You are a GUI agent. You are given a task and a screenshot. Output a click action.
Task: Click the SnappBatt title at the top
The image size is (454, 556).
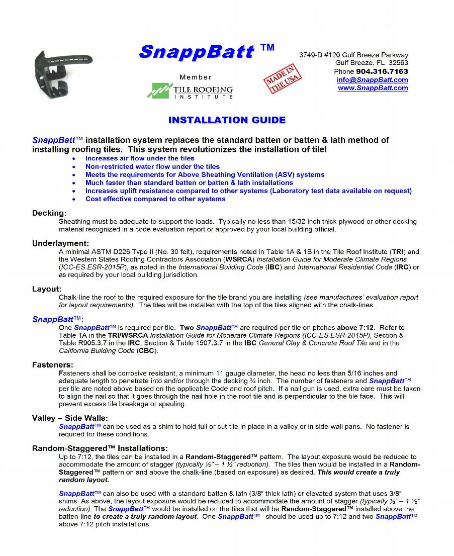[x=196, y=52]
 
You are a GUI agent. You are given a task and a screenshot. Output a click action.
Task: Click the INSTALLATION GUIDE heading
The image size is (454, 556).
[x=227, y=120]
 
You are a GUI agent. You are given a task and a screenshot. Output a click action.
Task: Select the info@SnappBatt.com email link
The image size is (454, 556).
[x=372, y=80]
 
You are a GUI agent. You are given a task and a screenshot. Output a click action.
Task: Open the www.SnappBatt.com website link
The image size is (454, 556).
[x=373, y=88]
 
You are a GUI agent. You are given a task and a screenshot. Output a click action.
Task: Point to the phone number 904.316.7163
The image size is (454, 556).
[x=382, y=71]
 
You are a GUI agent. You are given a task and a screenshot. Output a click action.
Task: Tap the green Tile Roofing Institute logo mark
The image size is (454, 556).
[x=159, y=90]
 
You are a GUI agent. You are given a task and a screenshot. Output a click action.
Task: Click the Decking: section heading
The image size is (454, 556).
[x=49, y=213]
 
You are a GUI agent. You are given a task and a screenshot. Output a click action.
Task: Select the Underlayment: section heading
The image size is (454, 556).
[x=60, y=243]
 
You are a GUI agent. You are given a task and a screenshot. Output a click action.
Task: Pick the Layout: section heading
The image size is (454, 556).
[x=47, y=289]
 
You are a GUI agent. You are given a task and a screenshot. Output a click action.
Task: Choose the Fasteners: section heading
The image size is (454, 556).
[x=53, y=365]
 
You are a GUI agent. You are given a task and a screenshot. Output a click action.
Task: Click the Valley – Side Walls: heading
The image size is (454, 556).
[x=70, y=418]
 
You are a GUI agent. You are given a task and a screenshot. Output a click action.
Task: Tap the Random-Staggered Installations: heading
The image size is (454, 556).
[x=100, y=448]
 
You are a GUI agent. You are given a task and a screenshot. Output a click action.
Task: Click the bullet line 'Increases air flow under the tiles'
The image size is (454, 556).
[x=140, y=158]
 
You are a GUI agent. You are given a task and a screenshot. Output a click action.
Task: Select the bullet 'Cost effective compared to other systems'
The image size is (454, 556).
[x=155, y=199]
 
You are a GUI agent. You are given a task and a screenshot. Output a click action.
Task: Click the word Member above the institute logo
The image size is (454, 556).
[x=196, y=77]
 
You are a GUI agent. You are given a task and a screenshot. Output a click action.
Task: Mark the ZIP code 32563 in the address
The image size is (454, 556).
[x=398, y=63]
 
